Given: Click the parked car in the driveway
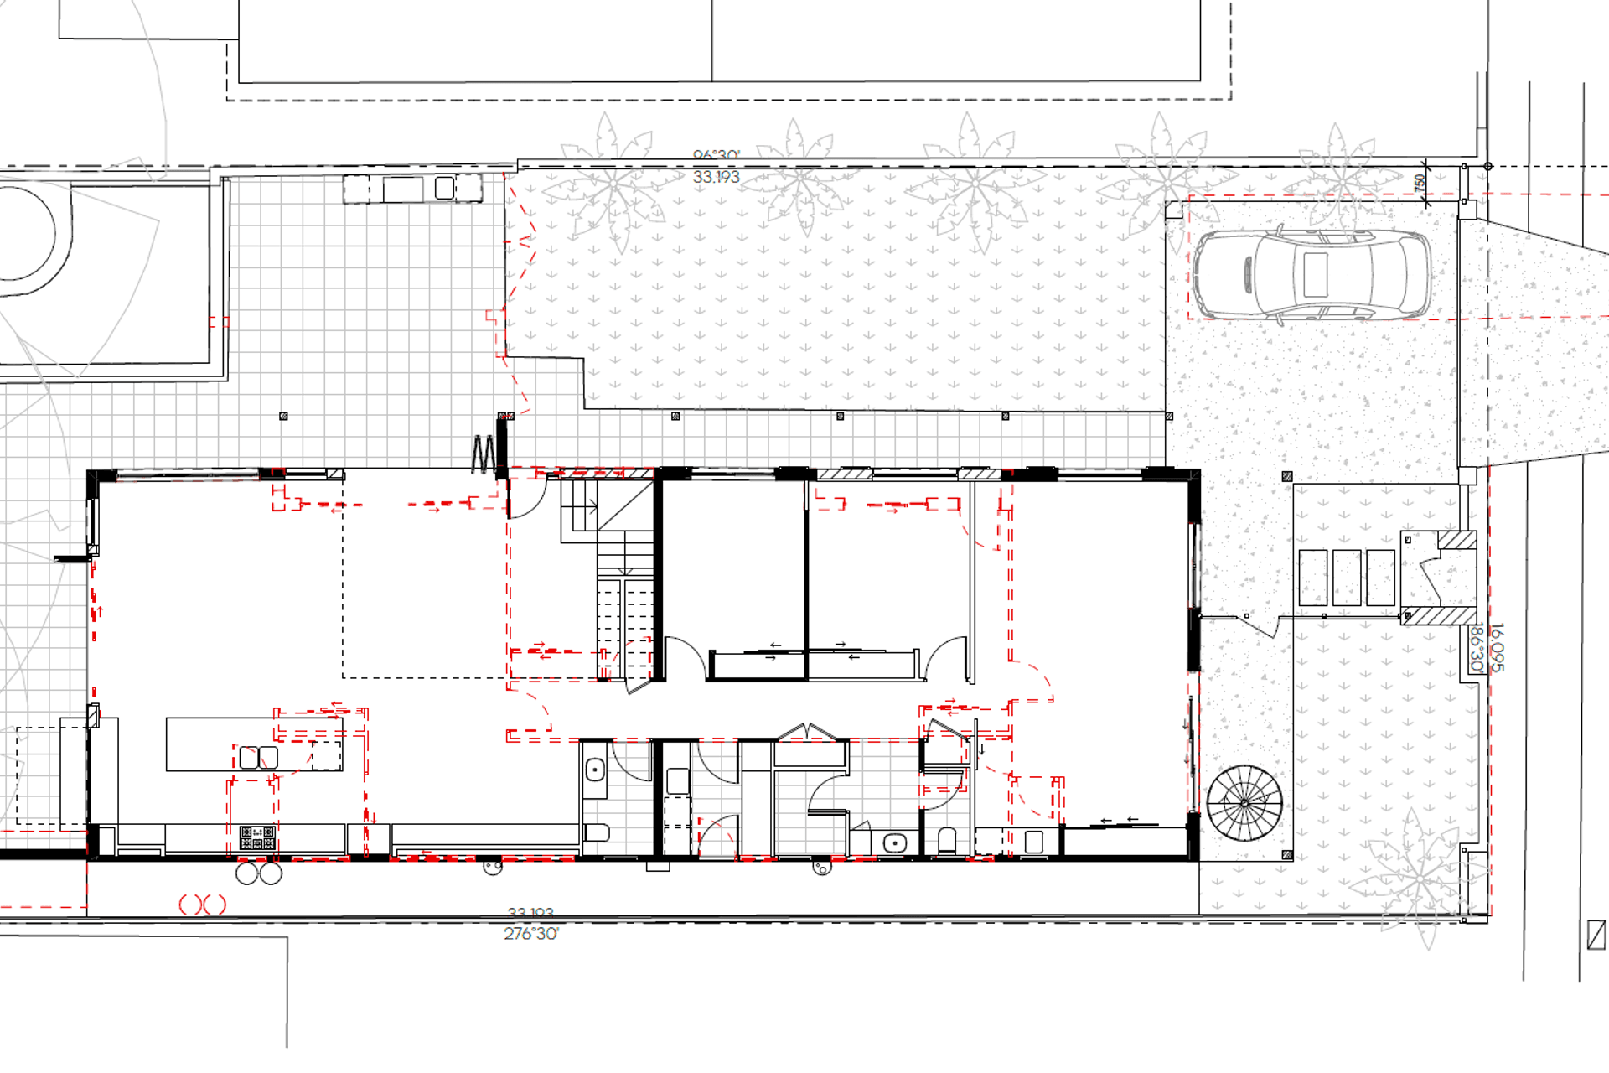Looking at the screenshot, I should point(1312,275).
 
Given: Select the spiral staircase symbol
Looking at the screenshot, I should point(1244,803).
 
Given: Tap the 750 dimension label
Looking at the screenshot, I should point(1420,182).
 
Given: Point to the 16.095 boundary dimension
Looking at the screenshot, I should point(1498,647).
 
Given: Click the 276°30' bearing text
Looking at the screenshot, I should point(531,934).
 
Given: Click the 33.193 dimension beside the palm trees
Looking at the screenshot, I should point(716,177).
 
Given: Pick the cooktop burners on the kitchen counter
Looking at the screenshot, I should point(257,837).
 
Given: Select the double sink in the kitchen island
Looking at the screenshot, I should point(258,757).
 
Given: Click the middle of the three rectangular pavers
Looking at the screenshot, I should point(1346,578).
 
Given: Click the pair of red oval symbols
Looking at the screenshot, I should point(203,905).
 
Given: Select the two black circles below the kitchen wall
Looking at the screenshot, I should point(258,873).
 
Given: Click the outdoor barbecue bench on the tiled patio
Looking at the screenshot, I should point(412,189).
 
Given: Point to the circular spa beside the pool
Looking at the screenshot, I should point(21,233).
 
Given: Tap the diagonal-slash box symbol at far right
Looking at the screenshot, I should point(1596,936).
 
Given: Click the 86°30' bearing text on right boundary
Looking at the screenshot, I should point(1477,647).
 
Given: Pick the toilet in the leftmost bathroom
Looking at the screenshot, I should point(596,832).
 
